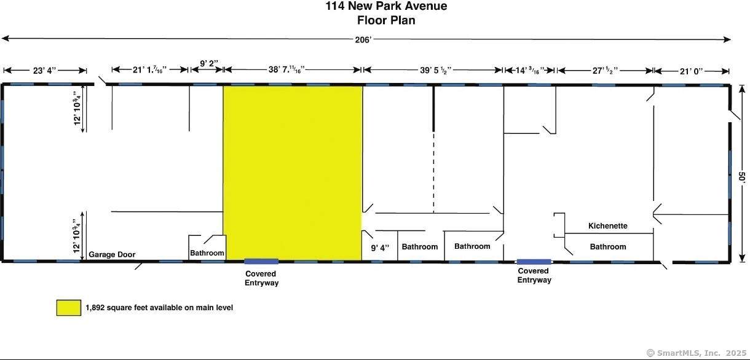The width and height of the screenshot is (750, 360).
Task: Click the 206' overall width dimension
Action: (x=363, y=40)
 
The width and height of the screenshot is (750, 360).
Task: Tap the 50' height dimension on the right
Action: (x=742, y=177)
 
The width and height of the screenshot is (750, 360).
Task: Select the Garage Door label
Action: (x=112, y=254)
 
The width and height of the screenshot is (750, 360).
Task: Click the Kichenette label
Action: (x=608, y=226)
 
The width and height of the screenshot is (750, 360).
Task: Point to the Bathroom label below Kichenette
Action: (x=608, y=247)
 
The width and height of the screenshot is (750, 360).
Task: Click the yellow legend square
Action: (x=69, y=308)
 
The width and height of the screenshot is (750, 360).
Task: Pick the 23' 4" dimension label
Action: (x=44, y=71)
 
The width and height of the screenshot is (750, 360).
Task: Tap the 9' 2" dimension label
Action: (x=209, y=63)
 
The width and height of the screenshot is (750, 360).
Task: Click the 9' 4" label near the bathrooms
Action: (x=380, y=248)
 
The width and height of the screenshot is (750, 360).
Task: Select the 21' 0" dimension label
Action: (x=691, y=72)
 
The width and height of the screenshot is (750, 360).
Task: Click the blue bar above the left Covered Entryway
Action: (x=261, y=262)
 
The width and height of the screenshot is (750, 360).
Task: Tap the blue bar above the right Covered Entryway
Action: (x=534, y=262)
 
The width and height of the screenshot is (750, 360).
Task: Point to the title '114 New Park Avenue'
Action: (x=387, y=6)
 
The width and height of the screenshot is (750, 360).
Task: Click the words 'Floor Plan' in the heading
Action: (x=387, y=20)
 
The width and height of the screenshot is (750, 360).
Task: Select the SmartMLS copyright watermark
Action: (x=697, y=353)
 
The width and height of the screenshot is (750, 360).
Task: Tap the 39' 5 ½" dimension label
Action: (x=436, y=70)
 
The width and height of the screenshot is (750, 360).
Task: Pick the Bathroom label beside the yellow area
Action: (x=207, y=253)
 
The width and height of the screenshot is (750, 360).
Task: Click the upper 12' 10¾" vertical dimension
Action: (x=77, y=109)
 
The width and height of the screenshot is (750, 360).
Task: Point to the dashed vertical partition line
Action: (x=433, y=172)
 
